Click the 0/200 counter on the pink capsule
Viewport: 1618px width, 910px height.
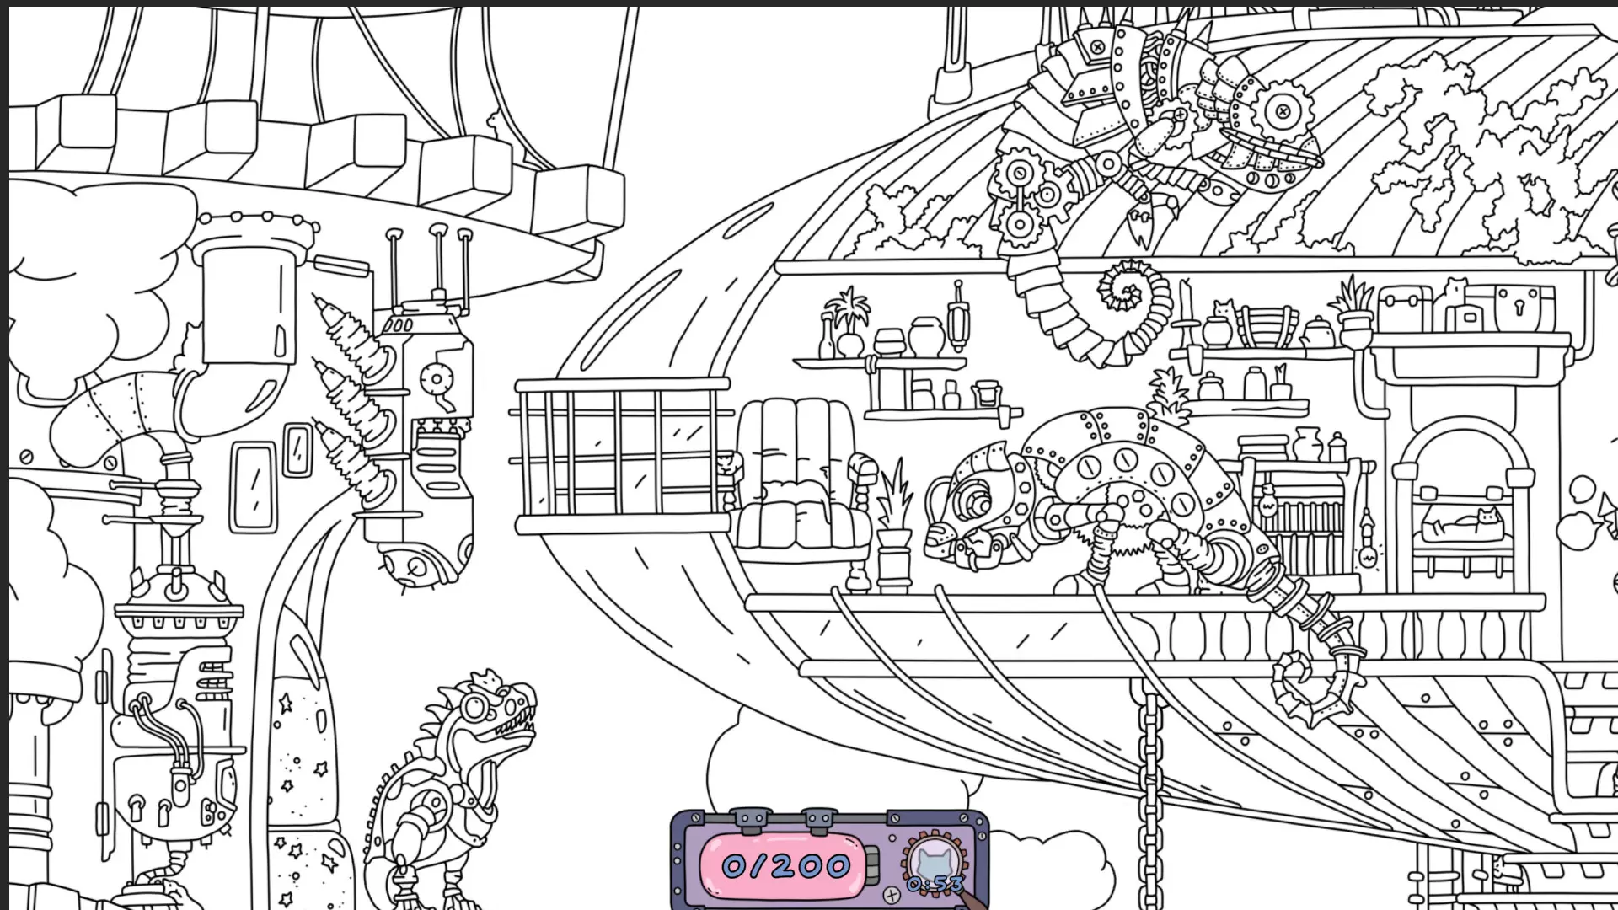786,865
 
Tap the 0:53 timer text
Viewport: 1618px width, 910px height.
935,884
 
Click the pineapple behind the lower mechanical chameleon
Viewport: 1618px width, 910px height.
1172,397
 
